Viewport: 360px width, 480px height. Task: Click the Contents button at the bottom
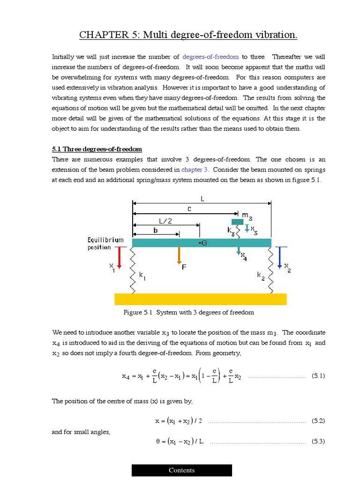coord(181,470)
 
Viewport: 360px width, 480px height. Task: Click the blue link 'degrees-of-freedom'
coord(210,57)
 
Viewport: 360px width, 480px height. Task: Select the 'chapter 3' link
coord(195,169)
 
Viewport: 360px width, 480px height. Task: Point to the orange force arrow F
coord(179,256)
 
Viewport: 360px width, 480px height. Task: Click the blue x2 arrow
coord(280,257)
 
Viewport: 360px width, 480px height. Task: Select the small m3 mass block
coord(238,221)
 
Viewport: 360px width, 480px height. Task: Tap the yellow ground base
coord(200,299)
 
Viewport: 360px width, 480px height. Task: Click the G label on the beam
coord(203,242)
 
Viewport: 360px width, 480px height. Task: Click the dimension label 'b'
coord(155,230)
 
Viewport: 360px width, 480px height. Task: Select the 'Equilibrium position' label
coord(105,243)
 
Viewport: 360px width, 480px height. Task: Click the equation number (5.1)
coord(318,376)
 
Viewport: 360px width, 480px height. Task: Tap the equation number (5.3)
coord(318,441)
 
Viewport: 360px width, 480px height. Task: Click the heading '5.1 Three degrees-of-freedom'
coord(97,149)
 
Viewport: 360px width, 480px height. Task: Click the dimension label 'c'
coord(189,210)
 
